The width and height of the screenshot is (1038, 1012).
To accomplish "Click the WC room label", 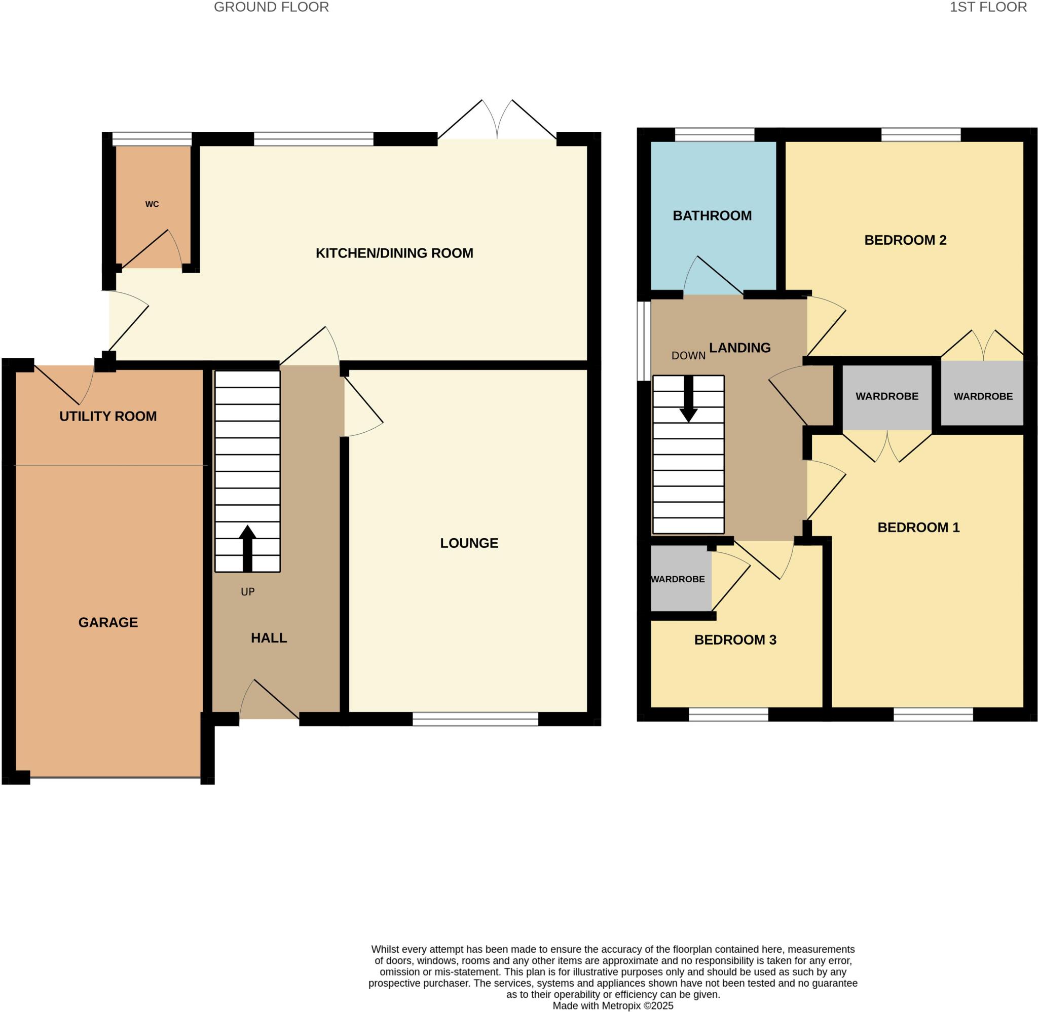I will pyautogui.click(x=152, y=204).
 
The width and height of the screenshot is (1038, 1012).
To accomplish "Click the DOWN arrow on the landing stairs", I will pyautogui.click(x=688, y=399).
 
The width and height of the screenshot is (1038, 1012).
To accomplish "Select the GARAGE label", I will pyautogui.click(x=108, y=622).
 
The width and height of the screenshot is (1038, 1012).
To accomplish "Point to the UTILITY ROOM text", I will pyautogui.click(x=108, y=416).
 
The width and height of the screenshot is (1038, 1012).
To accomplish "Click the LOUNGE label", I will pyautogui.click(x=469, y=543).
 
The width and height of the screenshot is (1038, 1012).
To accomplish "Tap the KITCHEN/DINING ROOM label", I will pyautogui.click(x=394, y=253).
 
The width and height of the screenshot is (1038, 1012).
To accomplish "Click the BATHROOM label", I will pyautogui.click(x=712, y=215).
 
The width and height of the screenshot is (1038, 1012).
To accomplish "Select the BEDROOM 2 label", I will pyautogui.click(x=905, y=240).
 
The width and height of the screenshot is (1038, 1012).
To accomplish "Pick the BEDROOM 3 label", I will pyautogui.click(x=735, y=640).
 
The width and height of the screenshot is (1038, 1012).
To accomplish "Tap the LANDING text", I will pyautogui.click(x=739, y=348).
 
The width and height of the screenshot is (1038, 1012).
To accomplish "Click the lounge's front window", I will pyautogui.click(x=475, y=719).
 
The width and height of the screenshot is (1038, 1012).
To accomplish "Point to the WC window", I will pyautogui.click(x=152, y=139).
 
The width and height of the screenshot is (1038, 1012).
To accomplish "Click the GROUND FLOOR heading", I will pyautogui.click(x=271, y=7).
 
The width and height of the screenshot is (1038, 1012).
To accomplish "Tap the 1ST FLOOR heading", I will pyautogui.click(x=988, y=7).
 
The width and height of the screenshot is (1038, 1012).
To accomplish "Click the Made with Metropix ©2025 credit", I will pyautogui.click(x=613, y=1005).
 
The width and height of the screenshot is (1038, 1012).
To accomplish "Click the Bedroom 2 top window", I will pyautogui.click(x=920, y=134).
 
